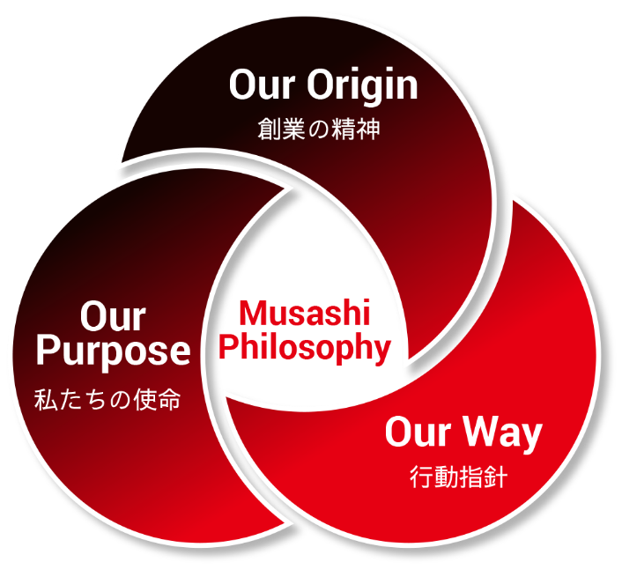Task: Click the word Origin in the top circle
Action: pyautogui.click(x=363, y=86)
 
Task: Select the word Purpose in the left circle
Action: pyautogui.click(x=114, y=352)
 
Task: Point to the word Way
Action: pyautogui.click(x=503, y=433)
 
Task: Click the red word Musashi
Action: pyautogui.click(x=305, y=313)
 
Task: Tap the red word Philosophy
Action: pyautogui.click(x=305, y=348)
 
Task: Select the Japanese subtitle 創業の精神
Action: pyautogui.click(x=319, y=129)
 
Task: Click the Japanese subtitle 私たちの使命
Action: pyautogui.click(x=107, y=399)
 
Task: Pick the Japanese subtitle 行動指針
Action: pyautogui.click(x=458, y=477)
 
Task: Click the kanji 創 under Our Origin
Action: pyautogui.click(x=270, y=129)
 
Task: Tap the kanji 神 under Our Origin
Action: pyautogui.click(x=368, y=129)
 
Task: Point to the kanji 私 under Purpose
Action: pyautogui.click(x=46, y=399)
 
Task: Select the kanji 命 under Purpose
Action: pyautogui.click(x=169, y=399)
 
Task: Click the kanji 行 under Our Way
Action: pyautogui.click(x=421, y=477)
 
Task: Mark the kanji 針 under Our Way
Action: pyautogui.click(x=496, y=477)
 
